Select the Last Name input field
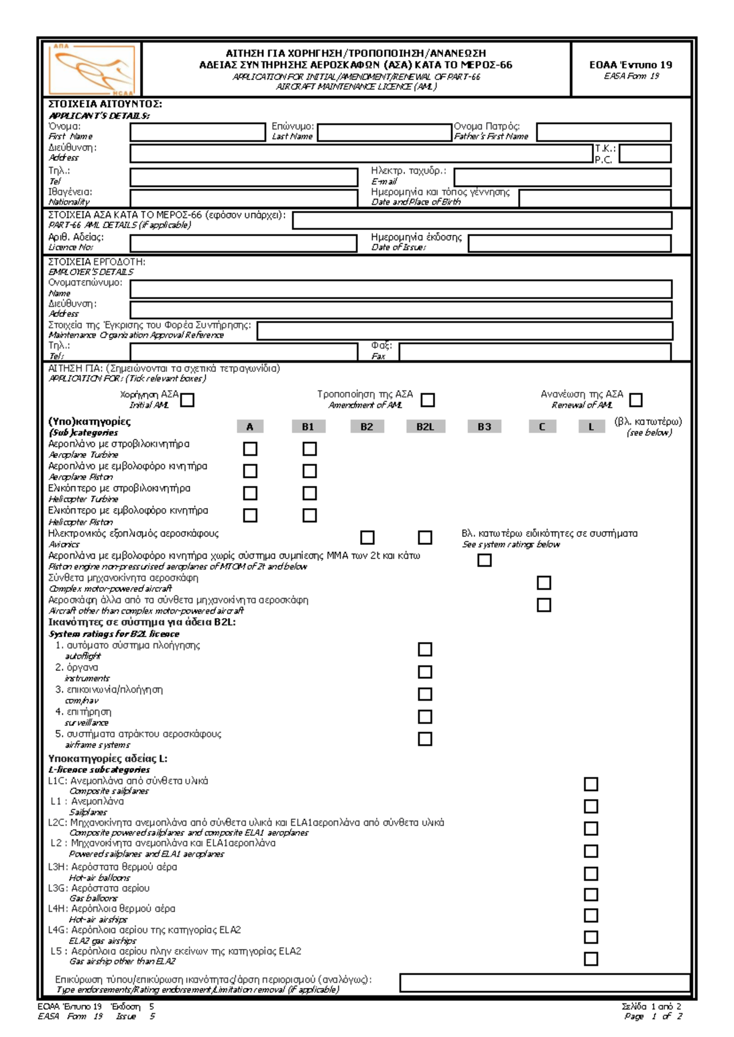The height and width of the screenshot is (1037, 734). (x=384, y=133)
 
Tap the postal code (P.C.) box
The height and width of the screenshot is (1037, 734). (x=645, y=153)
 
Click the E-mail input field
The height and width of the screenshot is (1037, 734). (x=562, y=177)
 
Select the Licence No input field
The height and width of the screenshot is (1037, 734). (x=243, y=243)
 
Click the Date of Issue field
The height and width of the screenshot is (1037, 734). (x=569, y=243)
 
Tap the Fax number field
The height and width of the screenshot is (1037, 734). (x=535, y=352)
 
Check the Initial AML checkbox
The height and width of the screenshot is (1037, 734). (x=188, y=400)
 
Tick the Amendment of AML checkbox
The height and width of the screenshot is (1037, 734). (x=428, y=400)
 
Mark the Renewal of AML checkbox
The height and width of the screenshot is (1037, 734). (x=636, y=400)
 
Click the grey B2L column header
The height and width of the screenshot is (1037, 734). (x=425, y=427)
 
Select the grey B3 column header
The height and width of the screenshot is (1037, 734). (x=484, y=427)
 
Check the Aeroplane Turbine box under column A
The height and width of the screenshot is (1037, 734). (x=250, y=449)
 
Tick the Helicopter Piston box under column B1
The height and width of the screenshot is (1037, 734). (x=310, y=515)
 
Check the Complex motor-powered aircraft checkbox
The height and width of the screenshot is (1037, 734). (x=544, y=583)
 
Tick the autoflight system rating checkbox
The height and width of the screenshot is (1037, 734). (x=424, y=649)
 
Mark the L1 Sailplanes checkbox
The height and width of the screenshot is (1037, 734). (x=591, y=806)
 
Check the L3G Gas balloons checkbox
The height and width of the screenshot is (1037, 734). (x=591, y=895)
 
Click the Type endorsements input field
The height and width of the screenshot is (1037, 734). (x=544, y=983)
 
